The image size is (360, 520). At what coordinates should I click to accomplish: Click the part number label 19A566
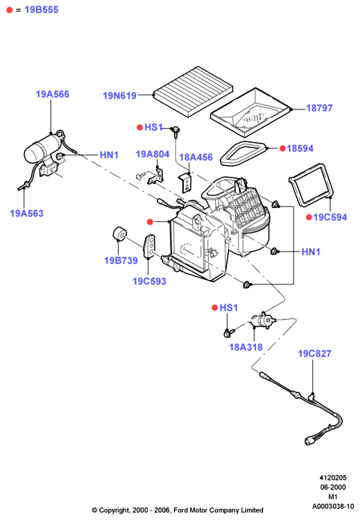pos(53,94)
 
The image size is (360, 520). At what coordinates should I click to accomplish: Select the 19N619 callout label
pos(119,96)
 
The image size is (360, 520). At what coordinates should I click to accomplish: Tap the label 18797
pos(319,108)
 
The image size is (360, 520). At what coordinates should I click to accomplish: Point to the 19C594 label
pos(330,217)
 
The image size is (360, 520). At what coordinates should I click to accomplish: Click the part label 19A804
pos(153,154)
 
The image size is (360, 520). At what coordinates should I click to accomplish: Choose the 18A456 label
pos(196,157)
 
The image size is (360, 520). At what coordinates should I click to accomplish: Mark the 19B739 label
pos(121,261)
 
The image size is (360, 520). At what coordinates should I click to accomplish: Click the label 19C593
pos(149,281)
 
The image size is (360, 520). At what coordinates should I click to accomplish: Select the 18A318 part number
pos(246,347)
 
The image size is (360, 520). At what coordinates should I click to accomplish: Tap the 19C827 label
pos(314,354)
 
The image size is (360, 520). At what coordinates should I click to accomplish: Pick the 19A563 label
pos(26,214)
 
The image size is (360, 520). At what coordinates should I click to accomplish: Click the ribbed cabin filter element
pos(193,91)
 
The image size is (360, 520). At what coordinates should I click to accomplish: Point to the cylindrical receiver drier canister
pos(43,148)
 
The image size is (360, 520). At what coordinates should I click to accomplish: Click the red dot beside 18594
pos(283,148)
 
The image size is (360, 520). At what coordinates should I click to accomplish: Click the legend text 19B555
pos(42,10)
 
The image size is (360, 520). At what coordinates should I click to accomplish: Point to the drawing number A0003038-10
pos(333,506)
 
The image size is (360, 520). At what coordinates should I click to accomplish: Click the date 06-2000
pos(333,487)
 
